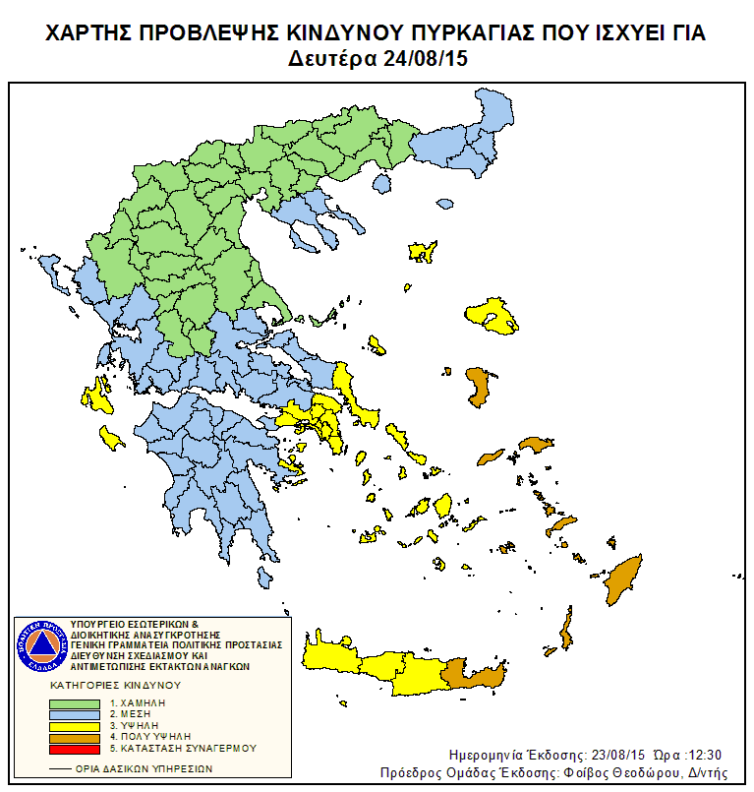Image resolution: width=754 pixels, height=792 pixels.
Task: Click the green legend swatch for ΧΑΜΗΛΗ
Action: pos(75,703)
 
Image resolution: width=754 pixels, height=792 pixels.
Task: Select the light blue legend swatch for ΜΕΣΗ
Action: pos(75,714)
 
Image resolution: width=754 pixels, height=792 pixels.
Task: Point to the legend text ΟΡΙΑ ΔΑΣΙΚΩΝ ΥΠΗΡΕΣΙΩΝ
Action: pos(148,768)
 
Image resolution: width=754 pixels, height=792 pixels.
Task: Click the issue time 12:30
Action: pos(704,755)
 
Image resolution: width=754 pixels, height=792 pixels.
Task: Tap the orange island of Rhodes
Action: pos(621,581)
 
